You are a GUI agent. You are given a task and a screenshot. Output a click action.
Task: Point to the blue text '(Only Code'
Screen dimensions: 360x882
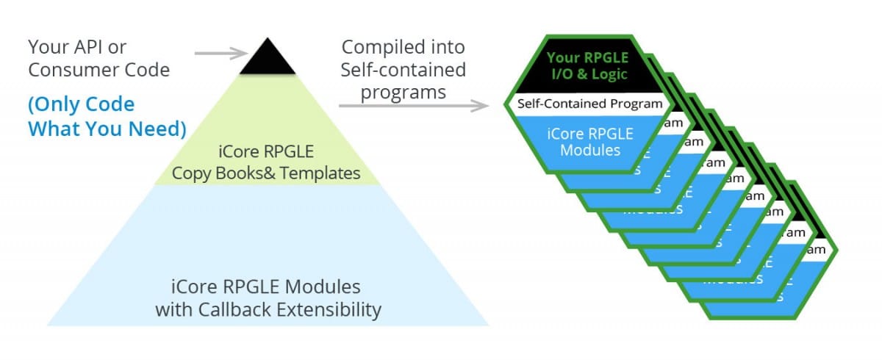coord(82,104)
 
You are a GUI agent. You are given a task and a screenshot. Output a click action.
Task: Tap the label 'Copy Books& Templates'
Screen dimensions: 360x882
coord(265,174)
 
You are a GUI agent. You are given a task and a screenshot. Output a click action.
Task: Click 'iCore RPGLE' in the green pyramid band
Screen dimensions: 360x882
coord(266,154)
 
